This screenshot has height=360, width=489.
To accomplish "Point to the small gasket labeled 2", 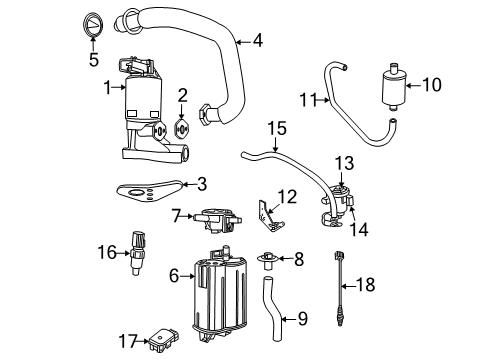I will [181, 128].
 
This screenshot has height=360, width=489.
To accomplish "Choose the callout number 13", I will [343, 162].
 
